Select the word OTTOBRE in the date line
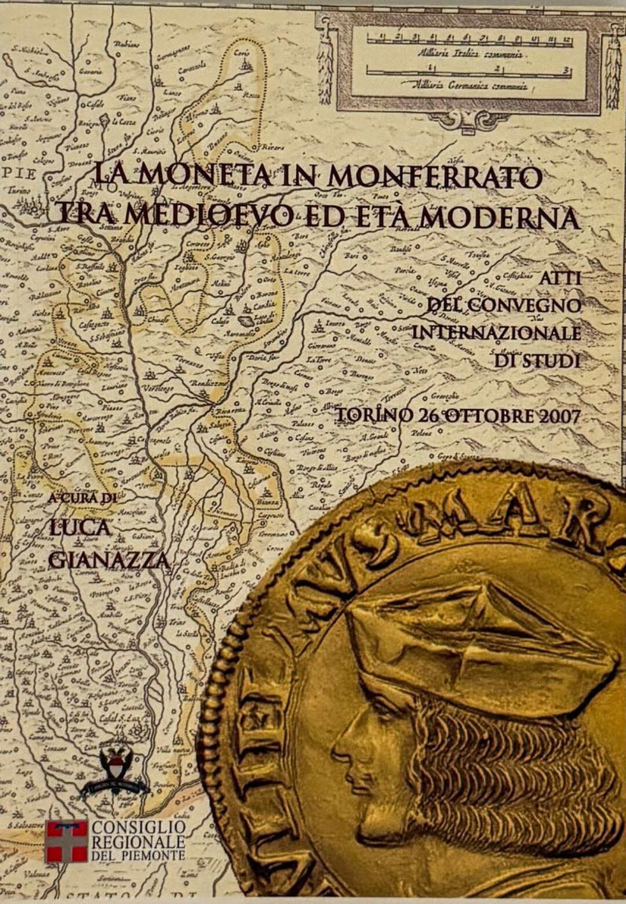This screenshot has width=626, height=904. pos(482,415)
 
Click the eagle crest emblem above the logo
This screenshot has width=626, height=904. pos(114,769)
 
